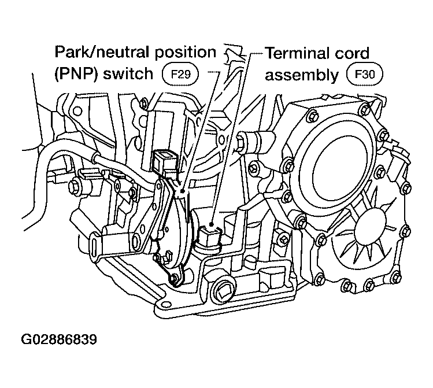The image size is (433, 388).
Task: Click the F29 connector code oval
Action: click(x=180, y=74)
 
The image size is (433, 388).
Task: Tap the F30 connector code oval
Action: click(x=365, y=74)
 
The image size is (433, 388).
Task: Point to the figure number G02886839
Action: click(x=59, y=339)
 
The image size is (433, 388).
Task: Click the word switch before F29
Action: click(x=128, y=73)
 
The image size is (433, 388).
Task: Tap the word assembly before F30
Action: click(x=302, y=75)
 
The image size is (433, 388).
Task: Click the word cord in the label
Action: click(x=351, y=53)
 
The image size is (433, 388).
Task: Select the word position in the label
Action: click(x=185, y=53)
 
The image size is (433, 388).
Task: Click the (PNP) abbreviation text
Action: click(x=76, y=74)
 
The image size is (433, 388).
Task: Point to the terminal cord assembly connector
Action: click(x=209, y=237)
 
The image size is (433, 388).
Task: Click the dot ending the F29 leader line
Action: click(x=182, y=191)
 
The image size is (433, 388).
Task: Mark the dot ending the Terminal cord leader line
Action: click(x=211, y=224)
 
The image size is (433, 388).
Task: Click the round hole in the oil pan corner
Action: click(x=165, y=304)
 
